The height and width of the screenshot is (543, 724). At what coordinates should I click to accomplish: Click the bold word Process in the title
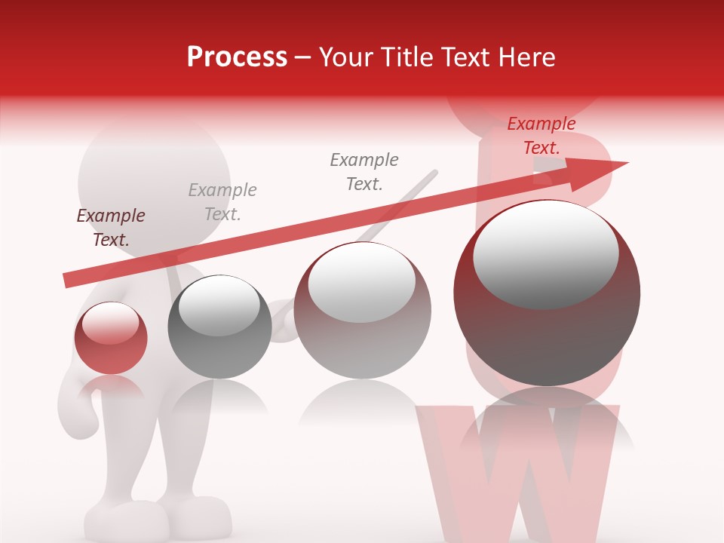coord(237,57)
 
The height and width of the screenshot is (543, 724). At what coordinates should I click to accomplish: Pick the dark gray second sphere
coord(219,327)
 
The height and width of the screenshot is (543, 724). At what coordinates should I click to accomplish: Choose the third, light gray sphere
coord(362,311)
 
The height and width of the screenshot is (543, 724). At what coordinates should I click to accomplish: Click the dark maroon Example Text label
coord(111,228)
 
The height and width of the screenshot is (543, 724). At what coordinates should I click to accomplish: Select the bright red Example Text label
coord(541,136)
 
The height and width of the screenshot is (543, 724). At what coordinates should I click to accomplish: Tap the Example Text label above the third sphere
coord(364,172)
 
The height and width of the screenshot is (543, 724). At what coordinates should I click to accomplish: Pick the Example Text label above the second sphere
coord(222,202)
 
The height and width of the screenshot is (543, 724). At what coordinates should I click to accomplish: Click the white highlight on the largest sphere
coord(545,253)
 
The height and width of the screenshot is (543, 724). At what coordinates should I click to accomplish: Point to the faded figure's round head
coord(154,181)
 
